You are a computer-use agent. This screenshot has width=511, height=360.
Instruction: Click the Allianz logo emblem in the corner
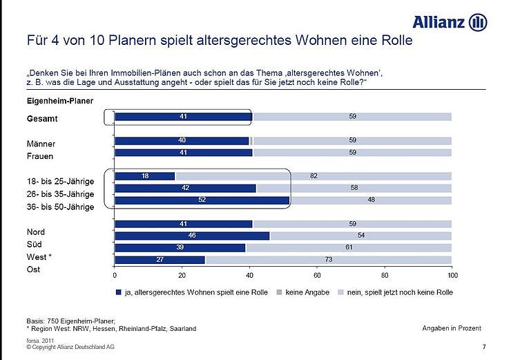point(478,22)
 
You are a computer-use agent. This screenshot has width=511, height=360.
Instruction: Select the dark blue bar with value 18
point(145,176)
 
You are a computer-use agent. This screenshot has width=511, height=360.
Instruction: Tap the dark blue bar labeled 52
point(202,201)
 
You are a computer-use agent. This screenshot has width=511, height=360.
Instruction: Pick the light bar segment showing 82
point(313,176)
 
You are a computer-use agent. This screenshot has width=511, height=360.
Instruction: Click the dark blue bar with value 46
point(192,236)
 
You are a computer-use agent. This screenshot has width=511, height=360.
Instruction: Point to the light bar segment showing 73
point(329,260)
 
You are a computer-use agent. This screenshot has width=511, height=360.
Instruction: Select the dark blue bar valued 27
point(160,260)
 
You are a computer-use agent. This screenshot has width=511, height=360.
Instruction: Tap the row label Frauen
point(41,156)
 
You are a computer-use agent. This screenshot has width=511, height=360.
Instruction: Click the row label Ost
point(34,269)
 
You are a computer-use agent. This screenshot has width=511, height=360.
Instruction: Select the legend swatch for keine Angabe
point(278,292)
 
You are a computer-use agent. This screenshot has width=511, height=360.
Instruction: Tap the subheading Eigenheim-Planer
point(55,101)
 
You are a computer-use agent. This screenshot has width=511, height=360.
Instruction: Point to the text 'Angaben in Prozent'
point(452,328)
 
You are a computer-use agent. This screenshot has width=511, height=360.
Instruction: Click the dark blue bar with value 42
point(185,189)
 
